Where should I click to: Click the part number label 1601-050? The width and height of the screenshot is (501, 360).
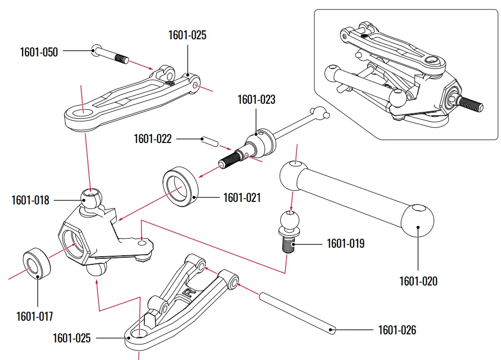click(x=39, y=52)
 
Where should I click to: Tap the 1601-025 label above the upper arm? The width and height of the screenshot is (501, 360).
click(x=187, y=35)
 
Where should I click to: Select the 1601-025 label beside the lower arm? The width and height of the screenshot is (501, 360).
click(x=71, y=338)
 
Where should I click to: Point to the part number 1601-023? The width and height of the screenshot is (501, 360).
click(x=257, y=100)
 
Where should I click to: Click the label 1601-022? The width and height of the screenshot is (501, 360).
click(x=152, y=138)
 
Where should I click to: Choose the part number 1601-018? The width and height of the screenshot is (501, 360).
click(x=31, y=200)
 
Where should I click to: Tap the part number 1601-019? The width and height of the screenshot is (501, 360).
click(x=346, y=244)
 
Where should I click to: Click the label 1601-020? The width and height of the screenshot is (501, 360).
click(x=419, y=281)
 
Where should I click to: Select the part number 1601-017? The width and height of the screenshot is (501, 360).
click(x=34, y=316)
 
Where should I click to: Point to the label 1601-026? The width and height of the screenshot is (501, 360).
click(x=397, y=330)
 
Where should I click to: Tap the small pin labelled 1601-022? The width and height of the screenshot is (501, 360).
click(x=210, y=140)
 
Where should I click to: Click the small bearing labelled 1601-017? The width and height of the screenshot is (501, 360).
click(x=37, y=262)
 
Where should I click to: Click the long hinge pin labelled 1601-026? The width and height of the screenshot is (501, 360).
click(x=297, y=312)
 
